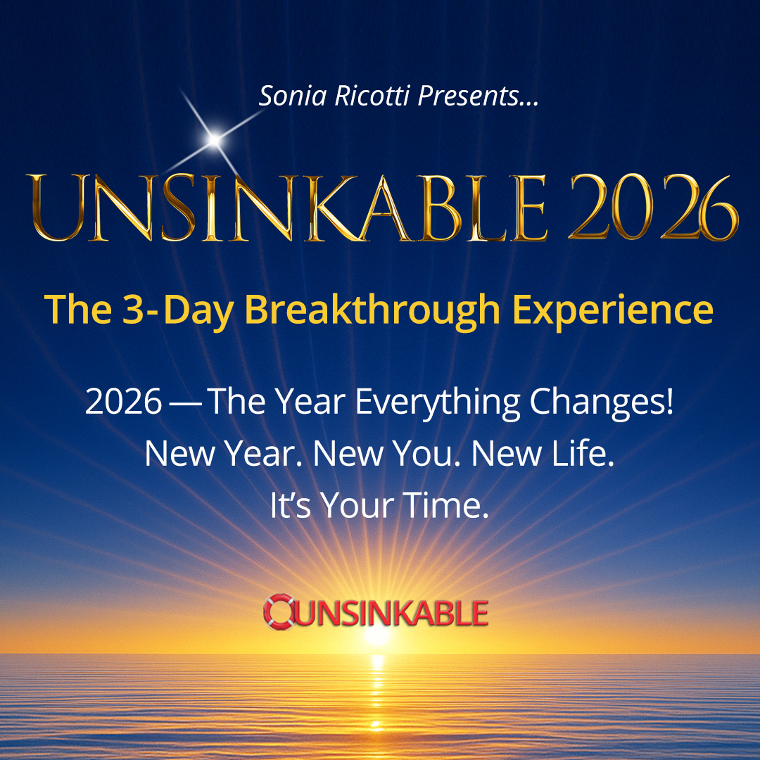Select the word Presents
click(468, 96)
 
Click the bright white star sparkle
click(214, 139)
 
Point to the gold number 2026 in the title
click(653, 208)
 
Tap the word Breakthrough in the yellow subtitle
click(372, 310)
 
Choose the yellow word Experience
click(613, 310)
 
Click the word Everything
click(438, 403)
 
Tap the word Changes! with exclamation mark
click(602, 403)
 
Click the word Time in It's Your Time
click(446, 505)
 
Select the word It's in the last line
click(290, 505)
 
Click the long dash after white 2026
click(184, 403)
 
